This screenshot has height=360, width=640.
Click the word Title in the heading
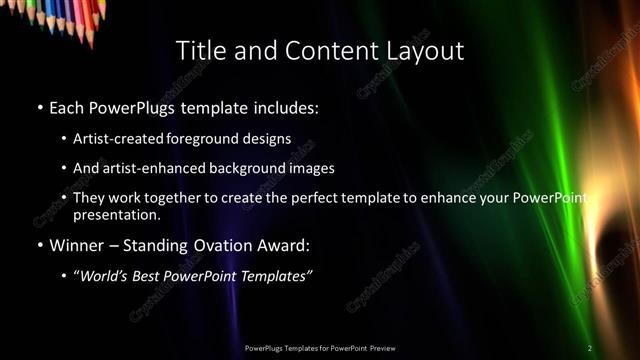(199, 50)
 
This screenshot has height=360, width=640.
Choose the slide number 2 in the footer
(589, 348)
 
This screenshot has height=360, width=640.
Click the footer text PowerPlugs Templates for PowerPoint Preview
(319, 348)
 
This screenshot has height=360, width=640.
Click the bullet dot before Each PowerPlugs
(39, 107)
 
